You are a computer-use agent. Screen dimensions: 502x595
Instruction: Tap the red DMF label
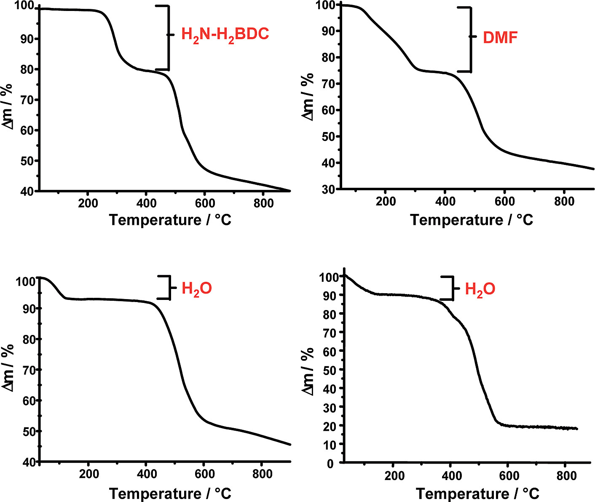[500, 38]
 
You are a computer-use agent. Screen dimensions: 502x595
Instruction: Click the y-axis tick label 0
[330, 464]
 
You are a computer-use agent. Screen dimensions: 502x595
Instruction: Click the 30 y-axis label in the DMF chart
[329, 190]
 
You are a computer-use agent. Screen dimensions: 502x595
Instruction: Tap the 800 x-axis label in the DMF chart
[564, 202]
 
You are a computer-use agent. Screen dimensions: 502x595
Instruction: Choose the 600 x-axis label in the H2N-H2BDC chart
[205, 203]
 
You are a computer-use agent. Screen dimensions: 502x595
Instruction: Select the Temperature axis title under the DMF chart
[472, 220]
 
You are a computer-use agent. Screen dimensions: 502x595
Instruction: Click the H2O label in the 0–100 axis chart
[480, 289]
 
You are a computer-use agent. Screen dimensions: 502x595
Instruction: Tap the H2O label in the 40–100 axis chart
[196, 289]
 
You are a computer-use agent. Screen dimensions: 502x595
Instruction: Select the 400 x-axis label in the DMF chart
[445, 202]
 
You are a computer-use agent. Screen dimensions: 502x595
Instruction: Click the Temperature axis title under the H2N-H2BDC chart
[170, 220]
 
